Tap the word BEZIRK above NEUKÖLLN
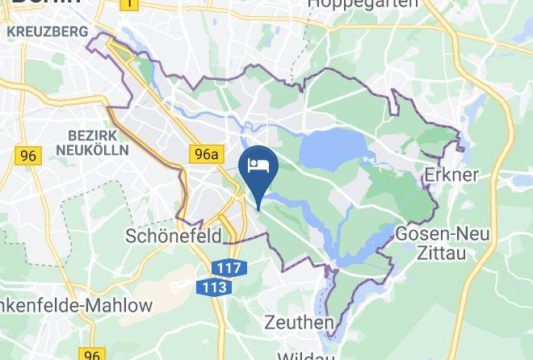tap(94, 134)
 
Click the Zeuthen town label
tap(300, 323)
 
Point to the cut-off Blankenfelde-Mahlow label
tap(76, 306)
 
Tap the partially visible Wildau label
tap(303, 355)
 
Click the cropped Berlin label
tap(40, 2)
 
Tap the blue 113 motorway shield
tap(213, 287)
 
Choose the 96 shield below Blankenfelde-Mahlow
tap(92, 354)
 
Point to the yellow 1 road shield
tap(128, 4)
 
